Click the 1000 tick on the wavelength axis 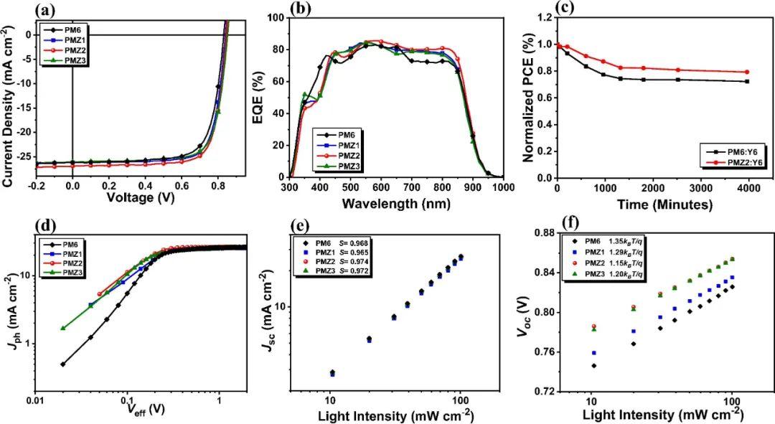coord(503,188)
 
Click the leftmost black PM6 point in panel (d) coord(63,364)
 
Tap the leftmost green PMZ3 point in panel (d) coord(63,328)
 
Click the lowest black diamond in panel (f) coord(593,366)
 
